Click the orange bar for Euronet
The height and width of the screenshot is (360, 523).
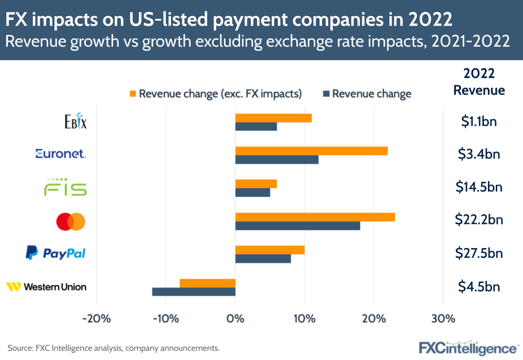click(311, 151)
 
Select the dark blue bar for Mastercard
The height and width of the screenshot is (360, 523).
click(297, 226)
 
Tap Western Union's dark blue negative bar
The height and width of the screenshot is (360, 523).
click(194, 291)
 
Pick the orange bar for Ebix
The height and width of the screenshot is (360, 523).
click(273, 118)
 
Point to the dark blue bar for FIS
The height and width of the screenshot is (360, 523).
click(252, 193)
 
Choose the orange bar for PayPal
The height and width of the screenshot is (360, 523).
click(270, 250)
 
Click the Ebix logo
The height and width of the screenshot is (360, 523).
click(75, 121)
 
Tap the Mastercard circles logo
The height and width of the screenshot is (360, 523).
click(71, 222)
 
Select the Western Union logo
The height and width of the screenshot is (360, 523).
click(46, 287)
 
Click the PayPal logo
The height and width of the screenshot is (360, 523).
click(55, 254)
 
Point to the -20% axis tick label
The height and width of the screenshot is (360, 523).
click(97, 318)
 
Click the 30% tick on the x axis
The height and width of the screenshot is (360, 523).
click(443, 318)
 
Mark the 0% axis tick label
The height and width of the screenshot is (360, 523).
click(235, 318)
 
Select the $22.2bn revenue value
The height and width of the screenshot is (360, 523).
click(479, 220)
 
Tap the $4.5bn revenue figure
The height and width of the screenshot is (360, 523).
click(479, 287)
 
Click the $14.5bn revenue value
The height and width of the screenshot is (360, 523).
click(479, 187)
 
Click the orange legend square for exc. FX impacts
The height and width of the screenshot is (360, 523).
click(133, 94)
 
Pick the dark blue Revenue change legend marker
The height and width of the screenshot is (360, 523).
click(326, 94)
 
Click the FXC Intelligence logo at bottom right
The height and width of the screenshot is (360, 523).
click(468, 347)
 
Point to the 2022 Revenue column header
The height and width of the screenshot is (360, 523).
click(479, 82)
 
